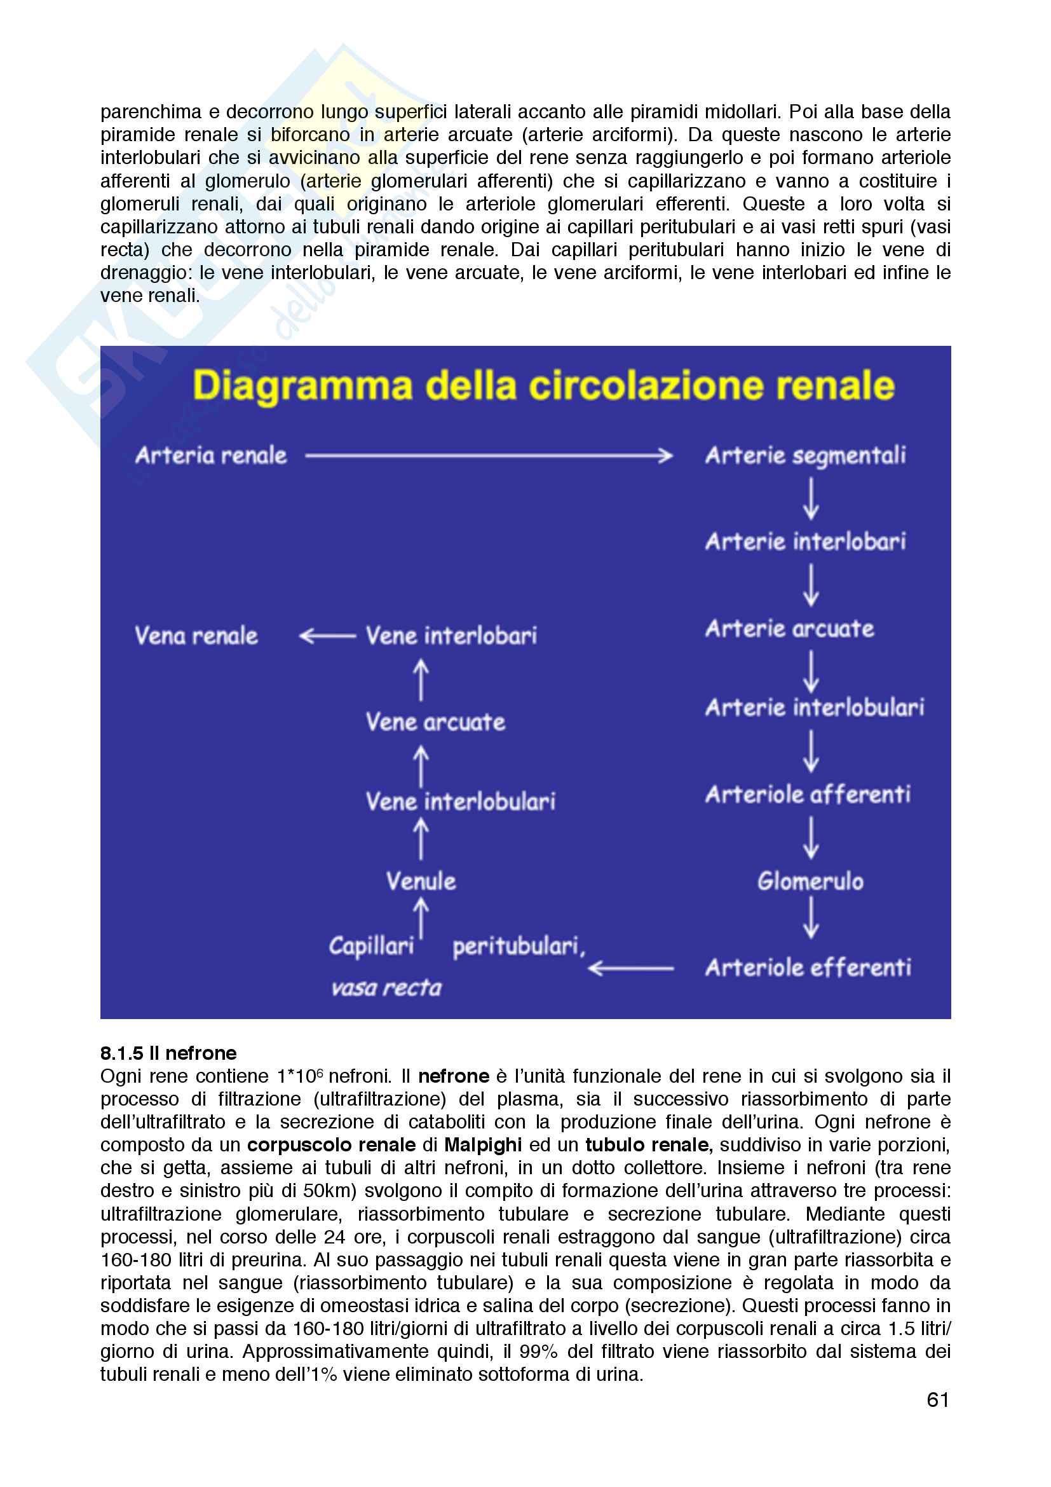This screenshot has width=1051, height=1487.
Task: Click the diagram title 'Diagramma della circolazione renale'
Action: coord(544,386)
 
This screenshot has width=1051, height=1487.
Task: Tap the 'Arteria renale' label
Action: coord(211,455)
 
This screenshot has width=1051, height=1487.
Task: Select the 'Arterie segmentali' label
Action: coord(805,456)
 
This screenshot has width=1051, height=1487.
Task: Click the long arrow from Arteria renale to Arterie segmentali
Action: coord(489,456)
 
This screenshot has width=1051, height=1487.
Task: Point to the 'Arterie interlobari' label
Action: coord(805,542)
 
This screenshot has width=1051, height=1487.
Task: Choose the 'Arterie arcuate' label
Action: coord(790,628)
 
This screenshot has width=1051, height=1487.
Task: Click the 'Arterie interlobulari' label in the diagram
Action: coord(814,707)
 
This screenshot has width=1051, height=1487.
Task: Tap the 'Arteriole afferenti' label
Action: coord(808,794)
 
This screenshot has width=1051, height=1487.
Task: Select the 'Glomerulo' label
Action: coord(810,881)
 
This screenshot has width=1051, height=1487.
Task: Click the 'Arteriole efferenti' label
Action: coord(808,968)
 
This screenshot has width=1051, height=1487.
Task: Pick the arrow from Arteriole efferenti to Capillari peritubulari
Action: coord(631,969)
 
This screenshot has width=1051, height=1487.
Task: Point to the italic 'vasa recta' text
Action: coord(386,988)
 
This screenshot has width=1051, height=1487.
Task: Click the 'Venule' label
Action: coord(421,881)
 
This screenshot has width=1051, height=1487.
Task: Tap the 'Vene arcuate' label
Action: coord(435,722)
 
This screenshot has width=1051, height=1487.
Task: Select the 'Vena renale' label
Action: coord(196,635)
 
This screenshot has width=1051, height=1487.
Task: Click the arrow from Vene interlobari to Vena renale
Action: coord(327,636)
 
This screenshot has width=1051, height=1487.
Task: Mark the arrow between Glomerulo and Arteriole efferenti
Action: coord(810,919)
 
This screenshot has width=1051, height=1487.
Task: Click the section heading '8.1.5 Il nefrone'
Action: coord(168,1053)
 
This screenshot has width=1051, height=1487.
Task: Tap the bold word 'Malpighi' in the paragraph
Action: coord(483,1144)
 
